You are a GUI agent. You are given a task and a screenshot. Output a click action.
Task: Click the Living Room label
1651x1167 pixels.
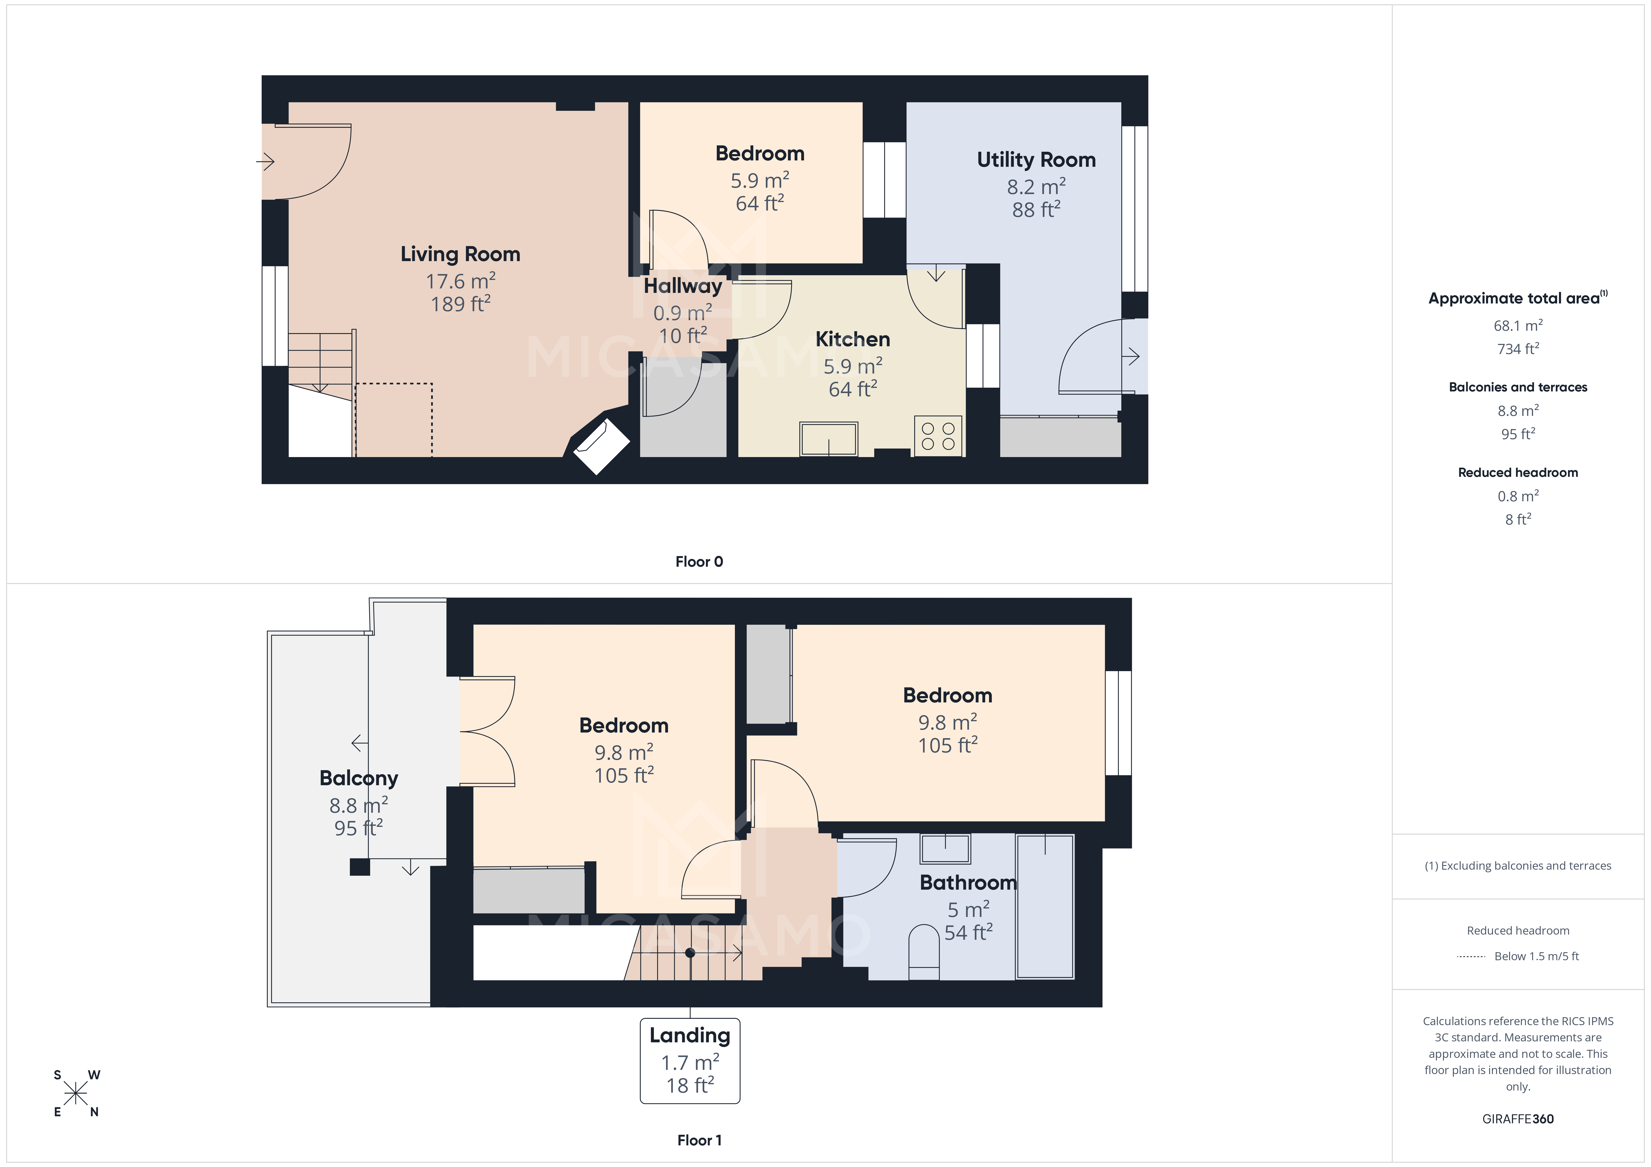[x=460, y=255]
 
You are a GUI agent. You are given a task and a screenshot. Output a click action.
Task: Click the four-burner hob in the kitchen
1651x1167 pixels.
[x=938, y=436]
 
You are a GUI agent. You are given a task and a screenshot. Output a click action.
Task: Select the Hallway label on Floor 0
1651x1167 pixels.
[x=682, y=286]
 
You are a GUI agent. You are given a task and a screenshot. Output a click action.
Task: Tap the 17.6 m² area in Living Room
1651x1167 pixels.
[x=460, y=281]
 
